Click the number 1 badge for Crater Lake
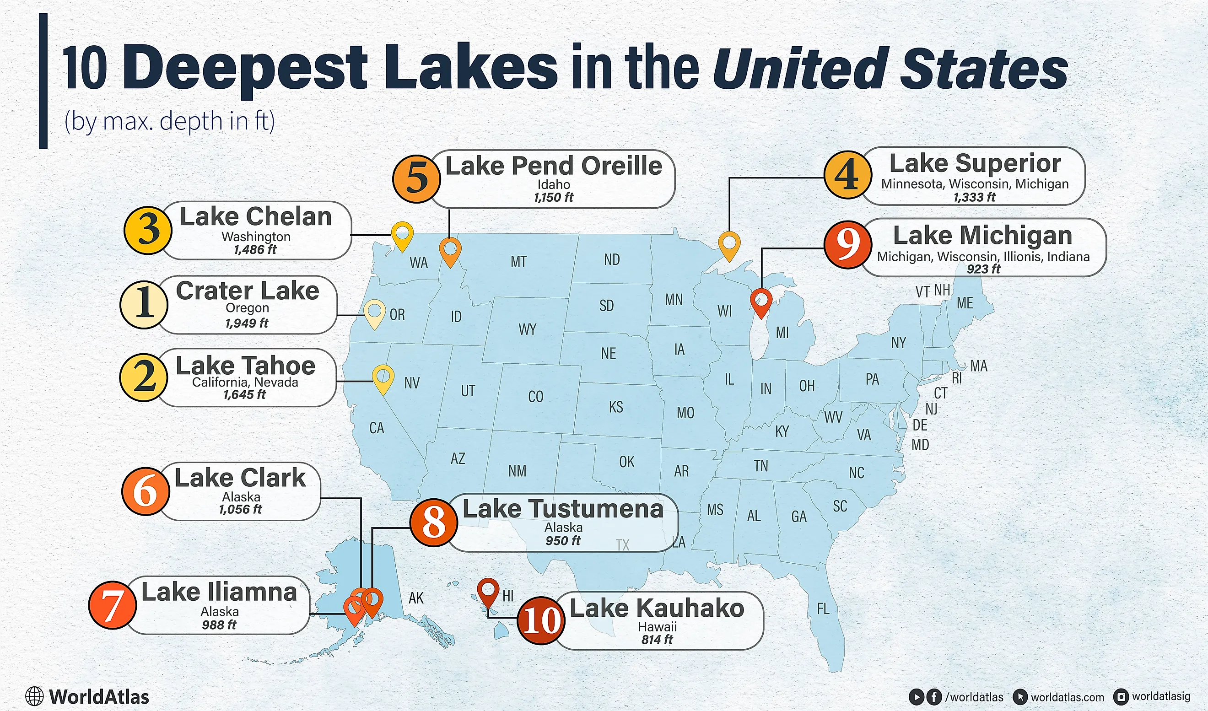(x=144, y=305)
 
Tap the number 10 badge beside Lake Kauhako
(x=541, y=620)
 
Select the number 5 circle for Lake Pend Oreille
(x=416, y=179)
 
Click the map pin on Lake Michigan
(x=761, y=301)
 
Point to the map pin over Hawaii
(x=488, y=591)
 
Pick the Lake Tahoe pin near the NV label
(x=383, y=377)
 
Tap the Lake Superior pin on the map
(x=729, y=244)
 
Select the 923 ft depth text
(x=984, y=269)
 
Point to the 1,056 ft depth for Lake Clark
(x=241, y=509)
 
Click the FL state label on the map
(x=823, y=609)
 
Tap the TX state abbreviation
(x=622, y=545)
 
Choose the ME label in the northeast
(x=965, y=303)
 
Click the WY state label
(x=527, y=329)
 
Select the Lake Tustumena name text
(x=563, y=509)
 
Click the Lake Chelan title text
(x=255, y=217)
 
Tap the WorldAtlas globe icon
(x=34, y=697)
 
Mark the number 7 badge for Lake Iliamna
(x=113, y=605)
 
